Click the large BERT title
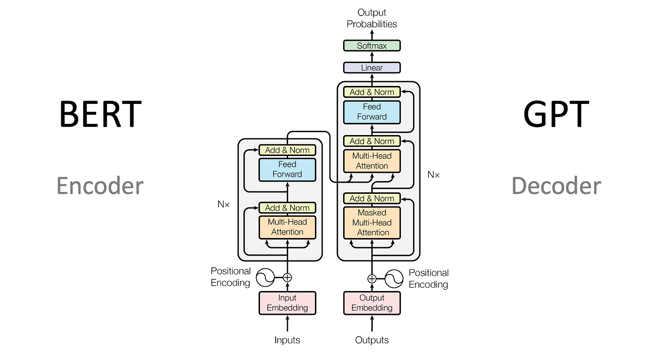(x=100, y=114)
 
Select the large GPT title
(x=556, y=114)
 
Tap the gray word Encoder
(x=100, y=186)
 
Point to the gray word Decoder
(x=556, y=186)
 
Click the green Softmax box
(x=372, y=46)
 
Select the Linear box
(x=372, y=68)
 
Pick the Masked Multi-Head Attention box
(x=372, y=223)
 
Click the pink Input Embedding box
(x=287, y=303)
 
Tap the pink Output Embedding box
(x=372, y=303)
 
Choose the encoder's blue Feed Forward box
(x=287, y=169)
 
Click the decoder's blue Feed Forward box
(x=372, y=112)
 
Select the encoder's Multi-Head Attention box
(x=287, y=227)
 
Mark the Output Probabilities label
(x=372, y=18)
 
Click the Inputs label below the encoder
(x=287, y=340)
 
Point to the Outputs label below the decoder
(x=372, y=340)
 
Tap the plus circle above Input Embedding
(x=287, y=277)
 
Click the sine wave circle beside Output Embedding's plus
(x=394, y=278)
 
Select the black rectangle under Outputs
(x=378, y=353)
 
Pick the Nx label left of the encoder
(x=223, y=205)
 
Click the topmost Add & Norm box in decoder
(x=372, y=92)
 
